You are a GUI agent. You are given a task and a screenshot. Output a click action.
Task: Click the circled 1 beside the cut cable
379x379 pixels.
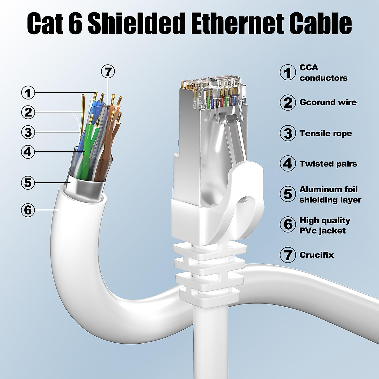28,93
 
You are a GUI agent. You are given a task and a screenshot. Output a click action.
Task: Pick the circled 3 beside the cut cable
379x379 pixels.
28,132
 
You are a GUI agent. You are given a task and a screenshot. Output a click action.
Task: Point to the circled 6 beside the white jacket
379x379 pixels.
28,209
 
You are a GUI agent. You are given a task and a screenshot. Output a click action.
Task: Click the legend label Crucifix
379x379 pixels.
316,255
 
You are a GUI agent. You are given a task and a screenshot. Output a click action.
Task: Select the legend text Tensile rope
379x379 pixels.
326,133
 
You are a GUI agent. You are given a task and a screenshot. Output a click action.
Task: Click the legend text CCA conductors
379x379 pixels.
323,73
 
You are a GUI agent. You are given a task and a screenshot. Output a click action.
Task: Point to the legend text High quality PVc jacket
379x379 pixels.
325,225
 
